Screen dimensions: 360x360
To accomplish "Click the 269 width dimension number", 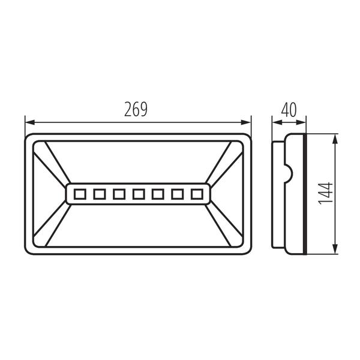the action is (x=136, y=109).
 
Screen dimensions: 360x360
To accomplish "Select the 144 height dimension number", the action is (x=326, y=193).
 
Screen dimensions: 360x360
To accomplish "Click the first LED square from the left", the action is (x=80, y=194).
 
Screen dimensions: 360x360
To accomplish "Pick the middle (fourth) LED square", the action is (x=139, y=194).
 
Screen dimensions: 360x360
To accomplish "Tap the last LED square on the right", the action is (x=197, y=194).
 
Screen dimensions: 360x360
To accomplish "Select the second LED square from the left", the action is (x=100, y=194).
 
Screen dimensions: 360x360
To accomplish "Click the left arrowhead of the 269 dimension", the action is (x=30, y=122).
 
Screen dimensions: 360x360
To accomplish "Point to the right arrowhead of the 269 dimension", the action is (x=246, y=122).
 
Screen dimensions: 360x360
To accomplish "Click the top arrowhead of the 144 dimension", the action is (x=335, y=139).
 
